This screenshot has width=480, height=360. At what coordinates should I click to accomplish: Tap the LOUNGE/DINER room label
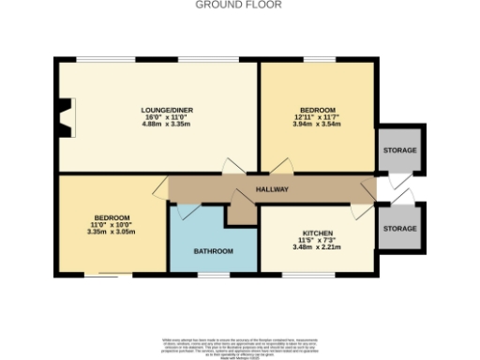[x=156, y=110]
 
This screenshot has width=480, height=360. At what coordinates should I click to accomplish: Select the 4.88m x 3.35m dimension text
[x=156, y=124]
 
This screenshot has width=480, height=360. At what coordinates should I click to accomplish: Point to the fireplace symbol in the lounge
[x=64, y=118]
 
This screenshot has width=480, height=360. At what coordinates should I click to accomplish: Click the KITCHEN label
[x=316, y=233]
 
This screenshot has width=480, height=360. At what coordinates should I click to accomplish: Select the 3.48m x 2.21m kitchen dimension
[x=316, y=248]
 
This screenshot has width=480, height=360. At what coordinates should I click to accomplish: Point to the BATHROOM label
[x=212, y=251]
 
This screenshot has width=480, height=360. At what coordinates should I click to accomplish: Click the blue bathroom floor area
[x=212, y=239]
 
